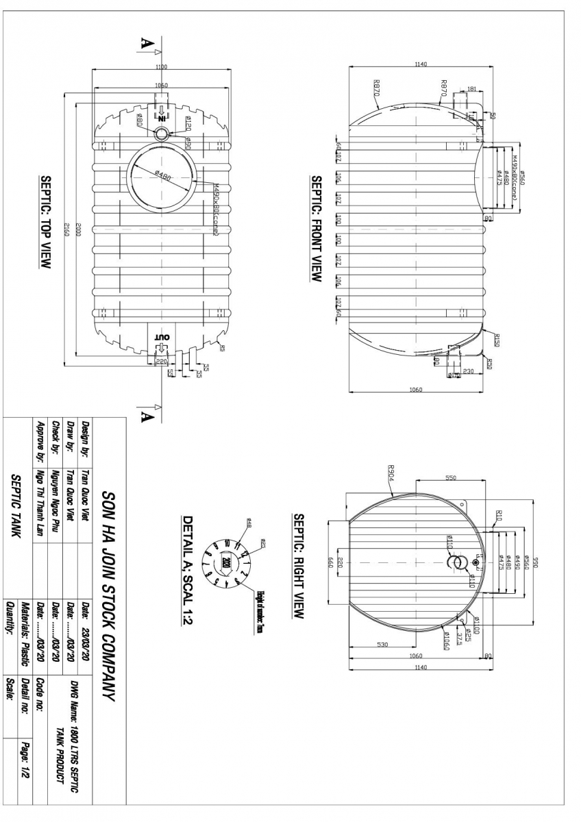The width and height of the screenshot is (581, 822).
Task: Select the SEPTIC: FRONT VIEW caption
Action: point(317,229)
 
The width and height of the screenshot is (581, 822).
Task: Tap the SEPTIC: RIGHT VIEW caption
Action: point(298,566)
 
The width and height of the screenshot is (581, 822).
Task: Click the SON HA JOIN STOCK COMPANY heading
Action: point(110,596)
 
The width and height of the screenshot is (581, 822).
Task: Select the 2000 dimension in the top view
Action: point(78,231)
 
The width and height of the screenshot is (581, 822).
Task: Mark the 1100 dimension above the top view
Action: point(161,67)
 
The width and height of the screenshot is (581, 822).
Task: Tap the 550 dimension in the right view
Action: point(450,477)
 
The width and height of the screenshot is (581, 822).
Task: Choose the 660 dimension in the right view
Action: point(330,562)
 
